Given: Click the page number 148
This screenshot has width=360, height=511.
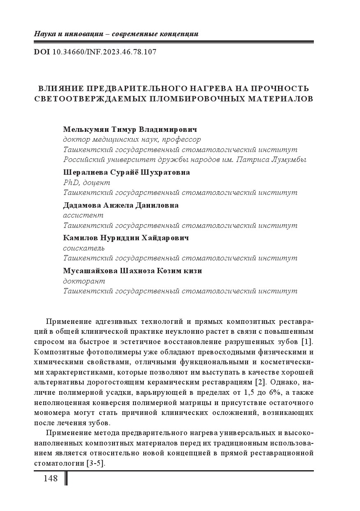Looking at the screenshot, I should (51, 478).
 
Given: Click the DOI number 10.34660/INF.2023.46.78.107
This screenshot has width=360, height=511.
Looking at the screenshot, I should (105, 52).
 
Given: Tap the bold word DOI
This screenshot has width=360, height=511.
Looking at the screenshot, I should (42, 52).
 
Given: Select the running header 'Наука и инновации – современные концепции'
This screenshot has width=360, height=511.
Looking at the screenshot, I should (116, 34).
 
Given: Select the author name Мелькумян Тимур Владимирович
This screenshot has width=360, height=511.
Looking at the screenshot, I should (130, 129).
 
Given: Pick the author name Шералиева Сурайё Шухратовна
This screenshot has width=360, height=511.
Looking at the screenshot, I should (126, 172).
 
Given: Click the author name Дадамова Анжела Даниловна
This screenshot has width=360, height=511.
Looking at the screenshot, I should (121, 205).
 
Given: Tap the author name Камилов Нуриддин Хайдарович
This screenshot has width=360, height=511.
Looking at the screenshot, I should (126, 238).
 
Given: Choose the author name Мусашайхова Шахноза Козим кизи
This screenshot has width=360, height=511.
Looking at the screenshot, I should (132, 271).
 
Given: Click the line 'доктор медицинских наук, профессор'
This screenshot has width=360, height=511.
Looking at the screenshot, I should (132, 140).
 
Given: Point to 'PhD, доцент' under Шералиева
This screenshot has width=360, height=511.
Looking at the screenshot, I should (86, 183).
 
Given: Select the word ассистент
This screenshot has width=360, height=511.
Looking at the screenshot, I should (83, 215).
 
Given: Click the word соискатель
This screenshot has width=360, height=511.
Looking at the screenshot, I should (84, 248).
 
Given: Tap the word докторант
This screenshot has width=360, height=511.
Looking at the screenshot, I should (84, 281).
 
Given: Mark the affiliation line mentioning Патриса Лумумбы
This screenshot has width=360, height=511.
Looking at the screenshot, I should (185, 159).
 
